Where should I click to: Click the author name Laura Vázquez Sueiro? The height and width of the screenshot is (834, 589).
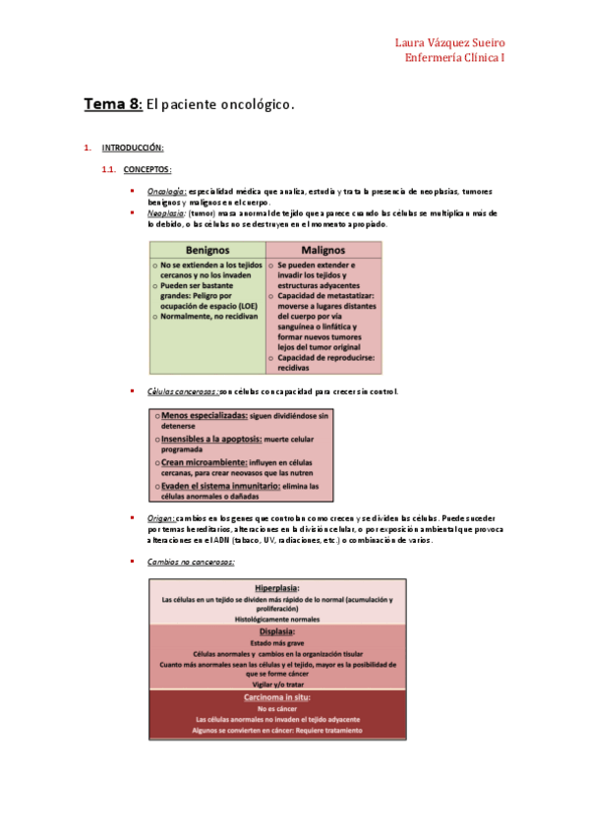coord(449,43)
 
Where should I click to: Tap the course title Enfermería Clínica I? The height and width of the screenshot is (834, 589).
coord(455,58)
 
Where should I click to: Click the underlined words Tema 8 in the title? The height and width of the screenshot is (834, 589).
coord(113,103)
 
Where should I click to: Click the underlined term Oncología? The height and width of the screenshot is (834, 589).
coord(166,191)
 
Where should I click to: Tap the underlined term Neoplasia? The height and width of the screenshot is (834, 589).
coord(166,212)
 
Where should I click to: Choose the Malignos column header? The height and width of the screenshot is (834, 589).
coord(323,250)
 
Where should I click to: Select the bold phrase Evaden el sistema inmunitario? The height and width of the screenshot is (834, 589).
coord(221,486)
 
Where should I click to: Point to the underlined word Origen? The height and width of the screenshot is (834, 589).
coord(160,517)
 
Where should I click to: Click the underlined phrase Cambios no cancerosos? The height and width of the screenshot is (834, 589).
coord(190,563)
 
